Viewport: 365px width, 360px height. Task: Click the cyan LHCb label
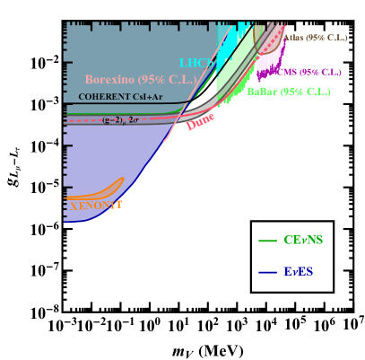point(196,63)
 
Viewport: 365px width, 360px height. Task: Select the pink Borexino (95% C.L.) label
point(140,79)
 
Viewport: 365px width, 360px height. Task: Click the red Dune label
point(201,121)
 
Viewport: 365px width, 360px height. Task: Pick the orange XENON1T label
point(95,206)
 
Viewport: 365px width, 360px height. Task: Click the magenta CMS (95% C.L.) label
point(309,72)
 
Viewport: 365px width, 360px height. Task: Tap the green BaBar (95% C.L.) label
point(275,92)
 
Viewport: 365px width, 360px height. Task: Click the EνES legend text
point(299,271)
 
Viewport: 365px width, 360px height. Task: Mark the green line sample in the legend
point(267,241)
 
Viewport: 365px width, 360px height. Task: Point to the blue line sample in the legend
point(267,272)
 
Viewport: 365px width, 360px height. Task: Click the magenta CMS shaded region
point(267,63)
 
